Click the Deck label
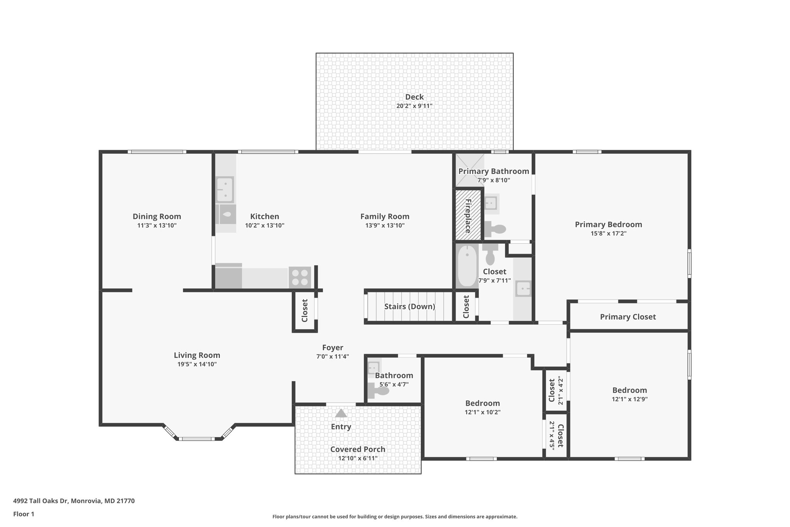pos(414,97)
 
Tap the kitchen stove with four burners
pos(300,277)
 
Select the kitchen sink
pos(225,190)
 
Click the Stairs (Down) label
pos(409,307)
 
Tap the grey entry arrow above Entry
pos(341,413)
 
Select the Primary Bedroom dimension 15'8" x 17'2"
pos(608,234)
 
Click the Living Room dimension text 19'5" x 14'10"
pos(197,364)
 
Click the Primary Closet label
pos(628,317)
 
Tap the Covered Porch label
pos(358,449)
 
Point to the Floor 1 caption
pos(24,514)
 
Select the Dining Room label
pos(157,217)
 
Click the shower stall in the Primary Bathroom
pos(469,170)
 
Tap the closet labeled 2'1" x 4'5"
pos(556,435)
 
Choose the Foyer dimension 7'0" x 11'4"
pos(333,357)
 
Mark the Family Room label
pos(385,217)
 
